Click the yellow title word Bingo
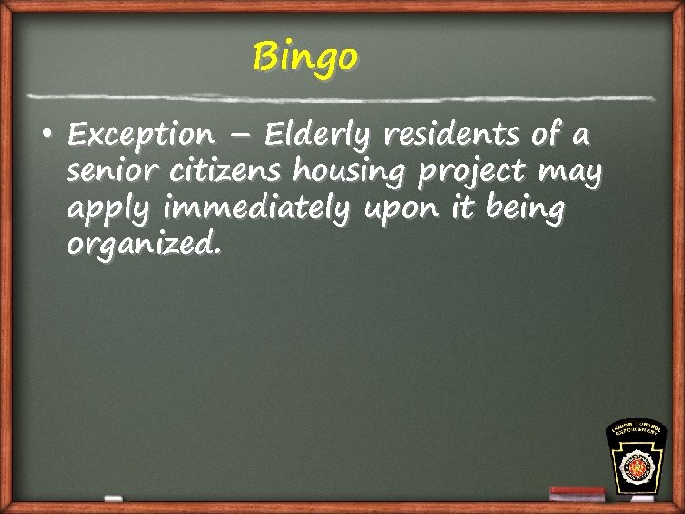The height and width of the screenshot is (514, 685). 305,57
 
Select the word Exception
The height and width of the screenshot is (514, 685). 141,136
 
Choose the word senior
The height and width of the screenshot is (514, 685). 105,172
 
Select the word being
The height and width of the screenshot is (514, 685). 524,208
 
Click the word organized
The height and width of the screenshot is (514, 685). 144,247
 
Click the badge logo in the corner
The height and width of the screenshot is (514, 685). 636,457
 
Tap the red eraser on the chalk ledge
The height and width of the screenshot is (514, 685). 577,493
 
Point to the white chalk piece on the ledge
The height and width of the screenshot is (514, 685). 112,498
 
